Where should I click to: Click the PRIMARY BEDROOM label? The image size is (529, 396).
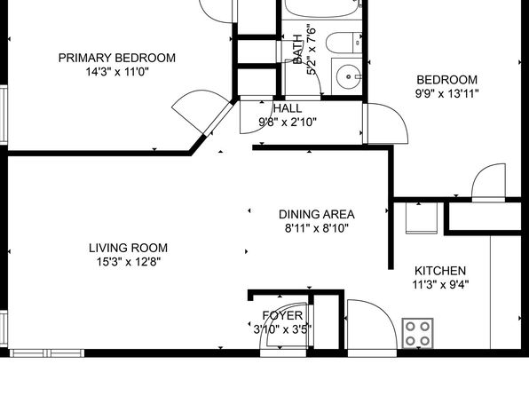click(117, 58)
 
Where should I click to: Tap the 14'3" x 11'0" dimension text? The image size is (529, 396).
click(117, 72)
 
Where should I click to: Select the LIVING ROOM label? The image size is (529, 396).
click(128, 248)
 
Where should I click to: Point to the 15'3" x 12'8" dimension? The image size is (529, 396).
click(129, 262)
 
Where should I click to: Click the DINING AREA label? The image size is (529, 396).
click(317, 214)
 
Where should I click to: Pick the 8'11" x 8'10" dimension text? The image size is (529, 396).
click(317, 228)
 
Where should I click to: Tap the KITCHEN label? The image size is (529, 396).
click(440, 271)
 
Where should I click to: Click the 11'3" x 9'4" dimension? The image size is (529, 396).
click(440, 285)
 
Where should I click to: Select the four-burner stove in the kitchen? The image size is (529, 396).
click(417, 333)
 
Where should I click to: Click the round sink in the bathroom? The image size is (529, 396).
click(348, 77)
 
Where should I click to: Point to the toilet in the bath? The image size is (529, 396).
click(343, 43)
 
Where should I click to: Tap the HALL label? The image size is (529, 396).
click(288, 108)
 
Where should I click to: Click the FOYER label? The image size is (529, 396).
click(283, 316)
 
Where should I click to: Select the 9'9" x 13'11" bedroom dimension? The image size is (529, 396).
click(447, 93)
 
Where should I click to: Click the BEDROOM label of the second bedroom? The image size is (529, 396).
click(447, 80)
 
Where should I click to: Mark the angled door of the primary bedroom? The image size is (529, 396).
click(218, 118)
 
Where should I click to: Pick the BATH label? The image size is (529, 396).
click(297, 49)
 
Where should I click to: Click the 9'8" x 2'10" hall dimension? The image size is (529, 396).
click(288, 122)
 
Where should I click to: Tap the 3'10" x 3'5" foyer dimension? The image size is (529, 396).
click(283, 329)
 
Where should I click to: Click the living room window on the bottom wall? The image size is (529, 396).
click(47, 353)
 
